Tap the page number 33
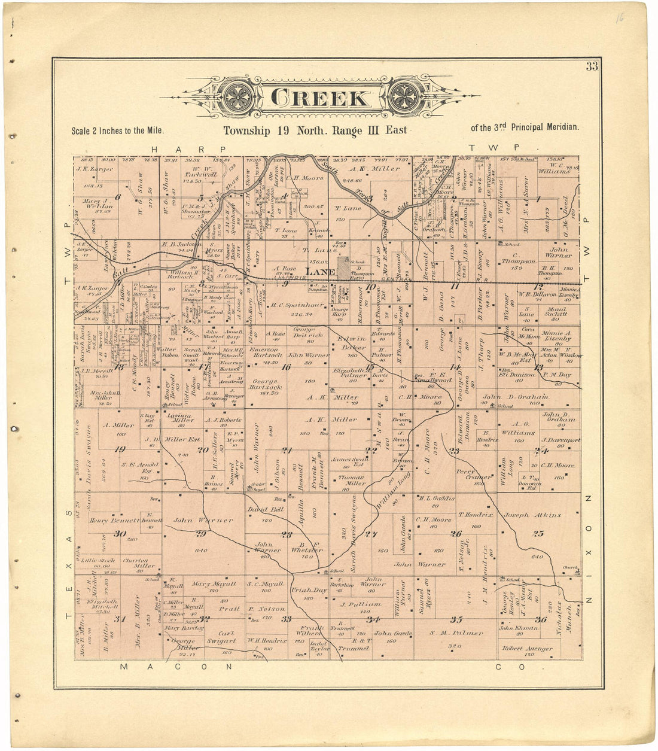click(x=592, y=66)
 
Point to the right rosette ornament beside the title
click(x=407, y=98)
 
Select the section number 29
click(x=200, y=534)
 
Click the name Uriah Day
click(x=309, y=590)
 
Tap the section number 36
click(x=541, y=619)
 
